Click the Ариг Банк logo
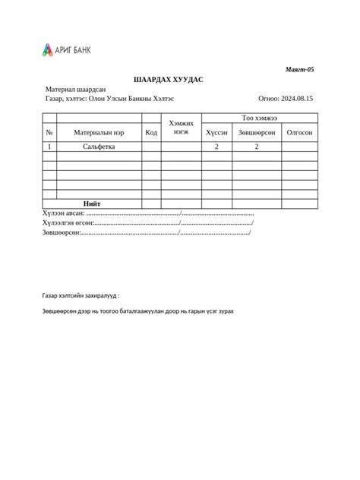point(66,51)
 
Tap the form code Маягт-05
point(299,69)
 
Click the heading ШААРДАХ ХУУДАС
point(168,80)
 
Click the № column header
point(49,132)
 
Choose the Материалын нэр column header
point(99,132)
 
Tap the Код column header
point(151,132)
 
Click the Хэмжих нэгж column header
point(182,127)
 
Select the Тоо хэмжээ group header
point(259,118)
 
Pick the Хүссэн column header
point(216,132)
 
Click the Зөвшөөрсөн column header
point(257,132)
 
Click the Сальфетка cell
point(99,147)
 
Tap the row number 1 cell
point(49,147)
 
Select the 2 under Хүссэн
point(216,147)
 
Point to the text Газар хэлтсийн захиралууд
point(81,295)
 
